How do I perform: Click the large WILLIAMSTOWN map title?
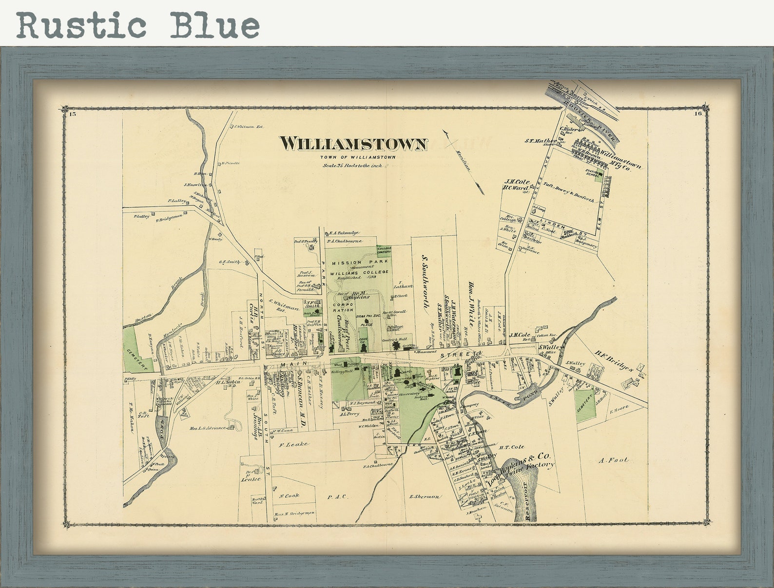pos(353,144)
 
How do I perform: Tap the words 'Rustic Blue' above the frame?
pos(138,25)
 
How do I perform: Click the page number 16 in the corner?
pos(698,114)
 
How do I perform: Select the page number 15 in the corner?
pos(73,114)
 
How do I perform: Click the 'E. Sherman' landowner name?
pos(424,496)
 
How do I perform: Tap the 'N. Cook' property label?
pos(289,495)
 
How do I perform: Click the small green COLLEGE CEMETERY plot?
pos(384,250)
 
